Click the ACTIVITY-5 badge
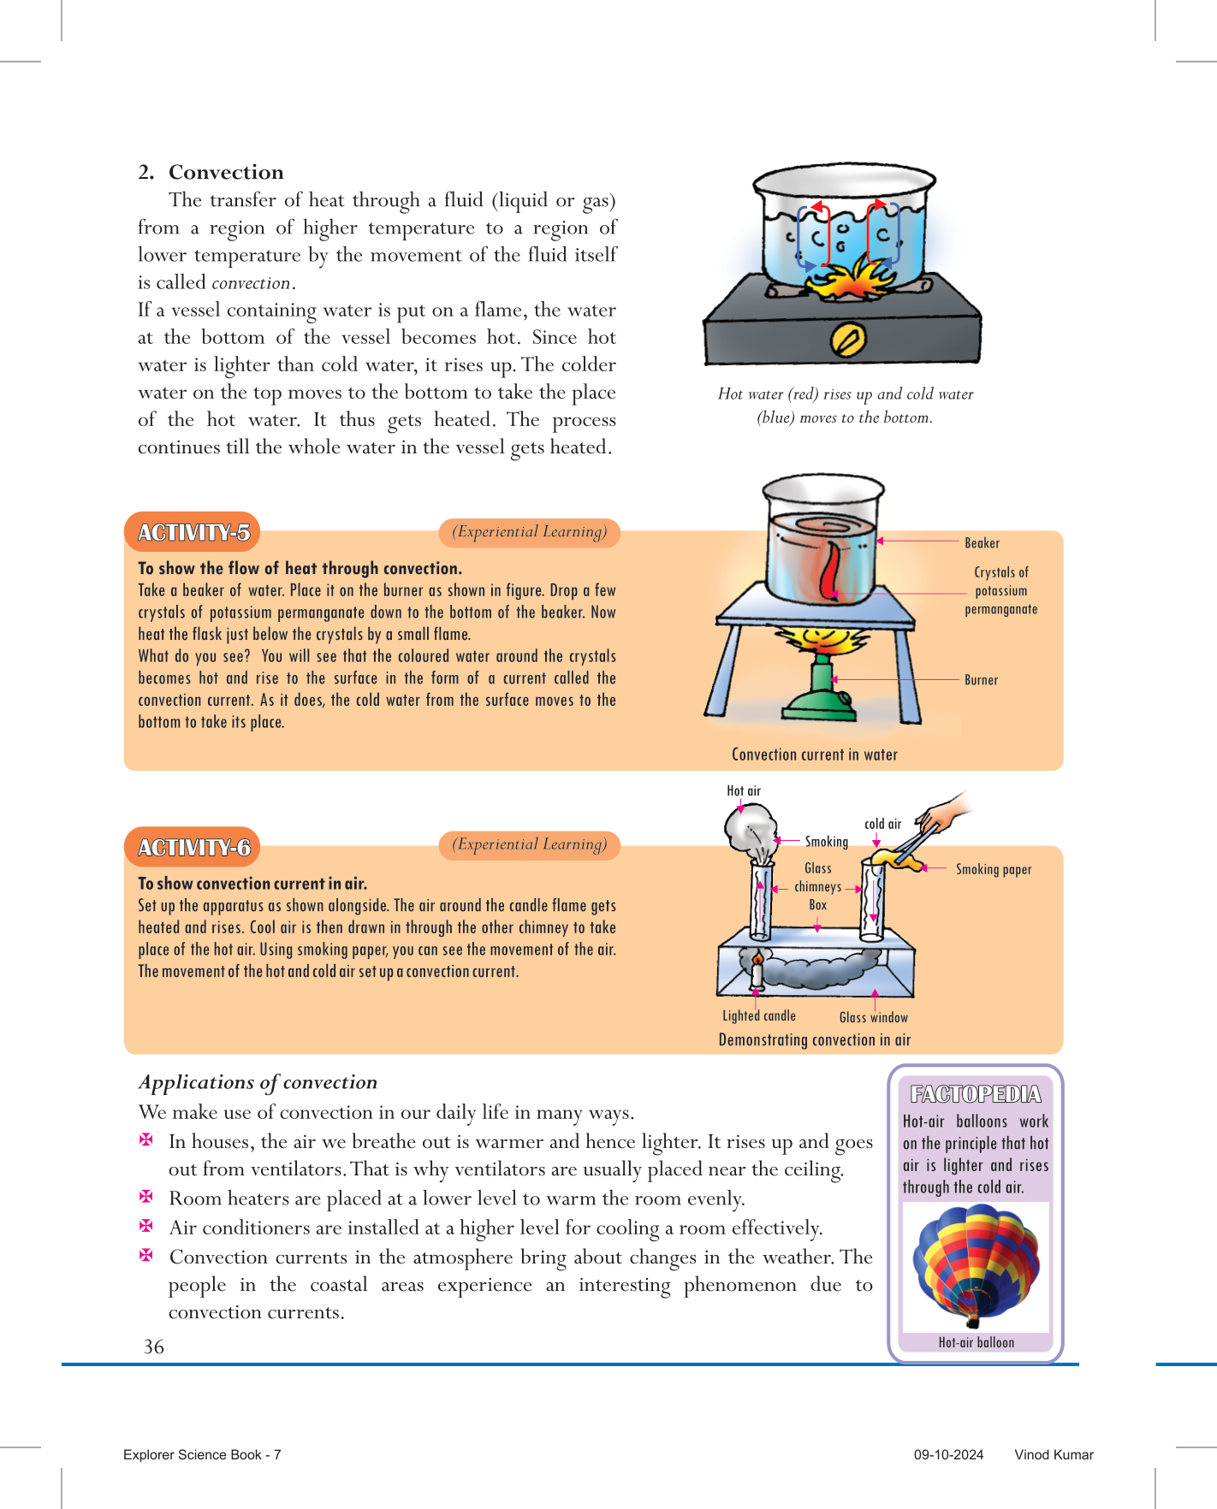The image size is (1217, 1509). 193,533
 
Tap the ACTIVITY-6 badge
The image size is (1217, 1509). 193,847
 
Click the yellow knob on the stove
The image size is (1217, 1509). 848,340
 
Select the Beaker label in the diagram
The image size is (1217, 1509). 982,543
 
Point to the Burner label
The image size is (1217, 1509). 981,680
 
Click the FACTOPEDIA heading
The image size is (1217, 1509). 976,1094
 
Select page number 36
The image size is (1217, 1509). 154,1346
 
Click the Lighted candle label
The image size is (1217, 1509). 758,1015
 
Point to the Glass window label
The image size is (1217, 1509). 873,1017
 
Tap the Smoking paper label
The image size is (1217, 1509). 993,869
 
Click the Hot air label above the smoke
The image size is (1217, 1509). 743,790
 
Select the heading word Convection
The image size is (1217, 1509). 226,172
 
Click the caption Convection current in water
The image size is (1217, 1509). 814,754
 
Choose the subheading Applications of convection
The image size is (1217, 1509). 258,1082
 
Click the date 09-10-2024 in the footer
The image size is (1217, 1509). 948,1454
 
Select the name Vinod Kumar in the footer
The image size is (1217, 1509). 1054,1454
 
